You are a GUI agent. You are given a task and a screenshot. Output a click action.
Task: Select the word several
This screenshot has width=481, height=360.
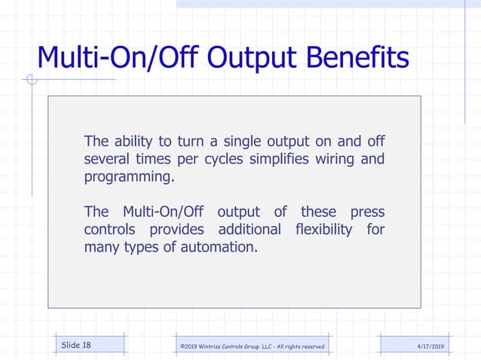pos(106,159)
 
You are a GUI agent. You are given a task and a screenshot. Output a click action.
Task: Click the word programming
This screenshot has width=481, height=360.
pos(128,178)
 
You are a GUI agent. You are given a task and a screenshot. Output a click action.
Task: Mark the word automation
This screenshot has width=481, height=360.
pos(218,247)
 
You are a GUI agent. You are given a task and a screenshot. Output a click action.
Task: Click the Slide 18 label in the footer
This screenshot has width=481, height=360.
pos(76,345)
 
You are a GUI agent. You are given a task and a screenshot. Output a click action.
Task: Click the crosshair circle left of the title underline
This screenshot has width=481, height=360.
pos(31,79)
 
